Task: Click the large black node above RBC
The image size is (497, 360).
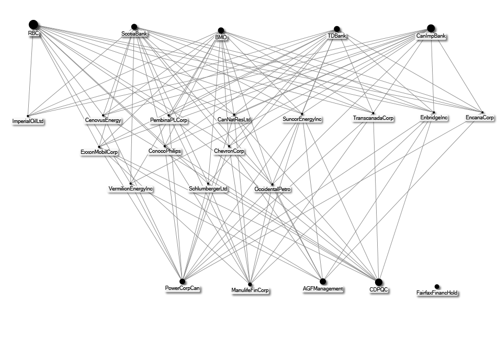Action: pyautogui.click(x=33, y=24)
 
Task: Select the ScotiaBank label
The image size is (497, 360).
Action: pyautogui.click(x=134, y=34)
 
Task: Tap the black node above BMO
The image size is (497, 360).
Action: pyautogui.click(x=221, y=30)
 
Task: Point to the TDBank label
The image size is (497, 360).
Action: pyautogui.click(x=337, y=36)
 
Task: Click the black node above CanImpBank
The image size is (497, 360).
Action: pyautogui.click(x=431, y=28)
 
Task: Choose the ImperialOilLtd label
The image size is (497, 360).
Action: pyautogui.click(x=28, y=122)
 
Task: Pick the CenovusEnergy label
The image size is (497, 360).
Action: pyautogui.click(x=103, y=120)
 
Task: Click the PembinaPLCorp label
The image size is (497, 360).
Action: pyautogui.click(x=169, y=120)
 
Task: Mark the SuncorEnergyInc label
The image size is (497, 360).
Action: pyautogui.click(x=302, y=119)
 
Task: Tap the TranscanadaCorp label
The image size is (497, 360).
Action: pyautogui.click(x=374, y=119)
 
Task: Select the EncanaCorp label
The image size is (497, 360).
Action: pyautogui.click(x=480, y=118)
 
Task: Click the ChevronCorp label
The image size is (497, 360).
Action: pyautogui.click(x=229, y=151)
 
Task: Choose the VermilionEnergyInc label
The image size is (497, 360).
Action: pyautogui.click(x=130, y=188)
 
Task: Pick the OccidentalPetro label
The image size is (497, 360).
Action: pyautogui.click(x=273, y=188)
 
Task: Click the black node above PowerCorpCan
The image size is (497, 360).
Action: pyautogui.click(x=183, y=282)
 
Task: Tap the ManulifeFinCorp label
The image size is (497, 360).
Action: pyautogui.click(x=250, y=290)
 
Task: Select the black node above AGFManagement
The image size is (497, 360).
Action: pyautogui.click(x=323, y=282)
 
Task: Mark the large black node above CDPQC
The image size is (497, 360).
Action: pyautogui.click(x=379, y=283)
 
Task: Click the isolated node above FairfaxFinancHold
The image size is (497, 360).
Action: pyautogui.click(x=437, y=287)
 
